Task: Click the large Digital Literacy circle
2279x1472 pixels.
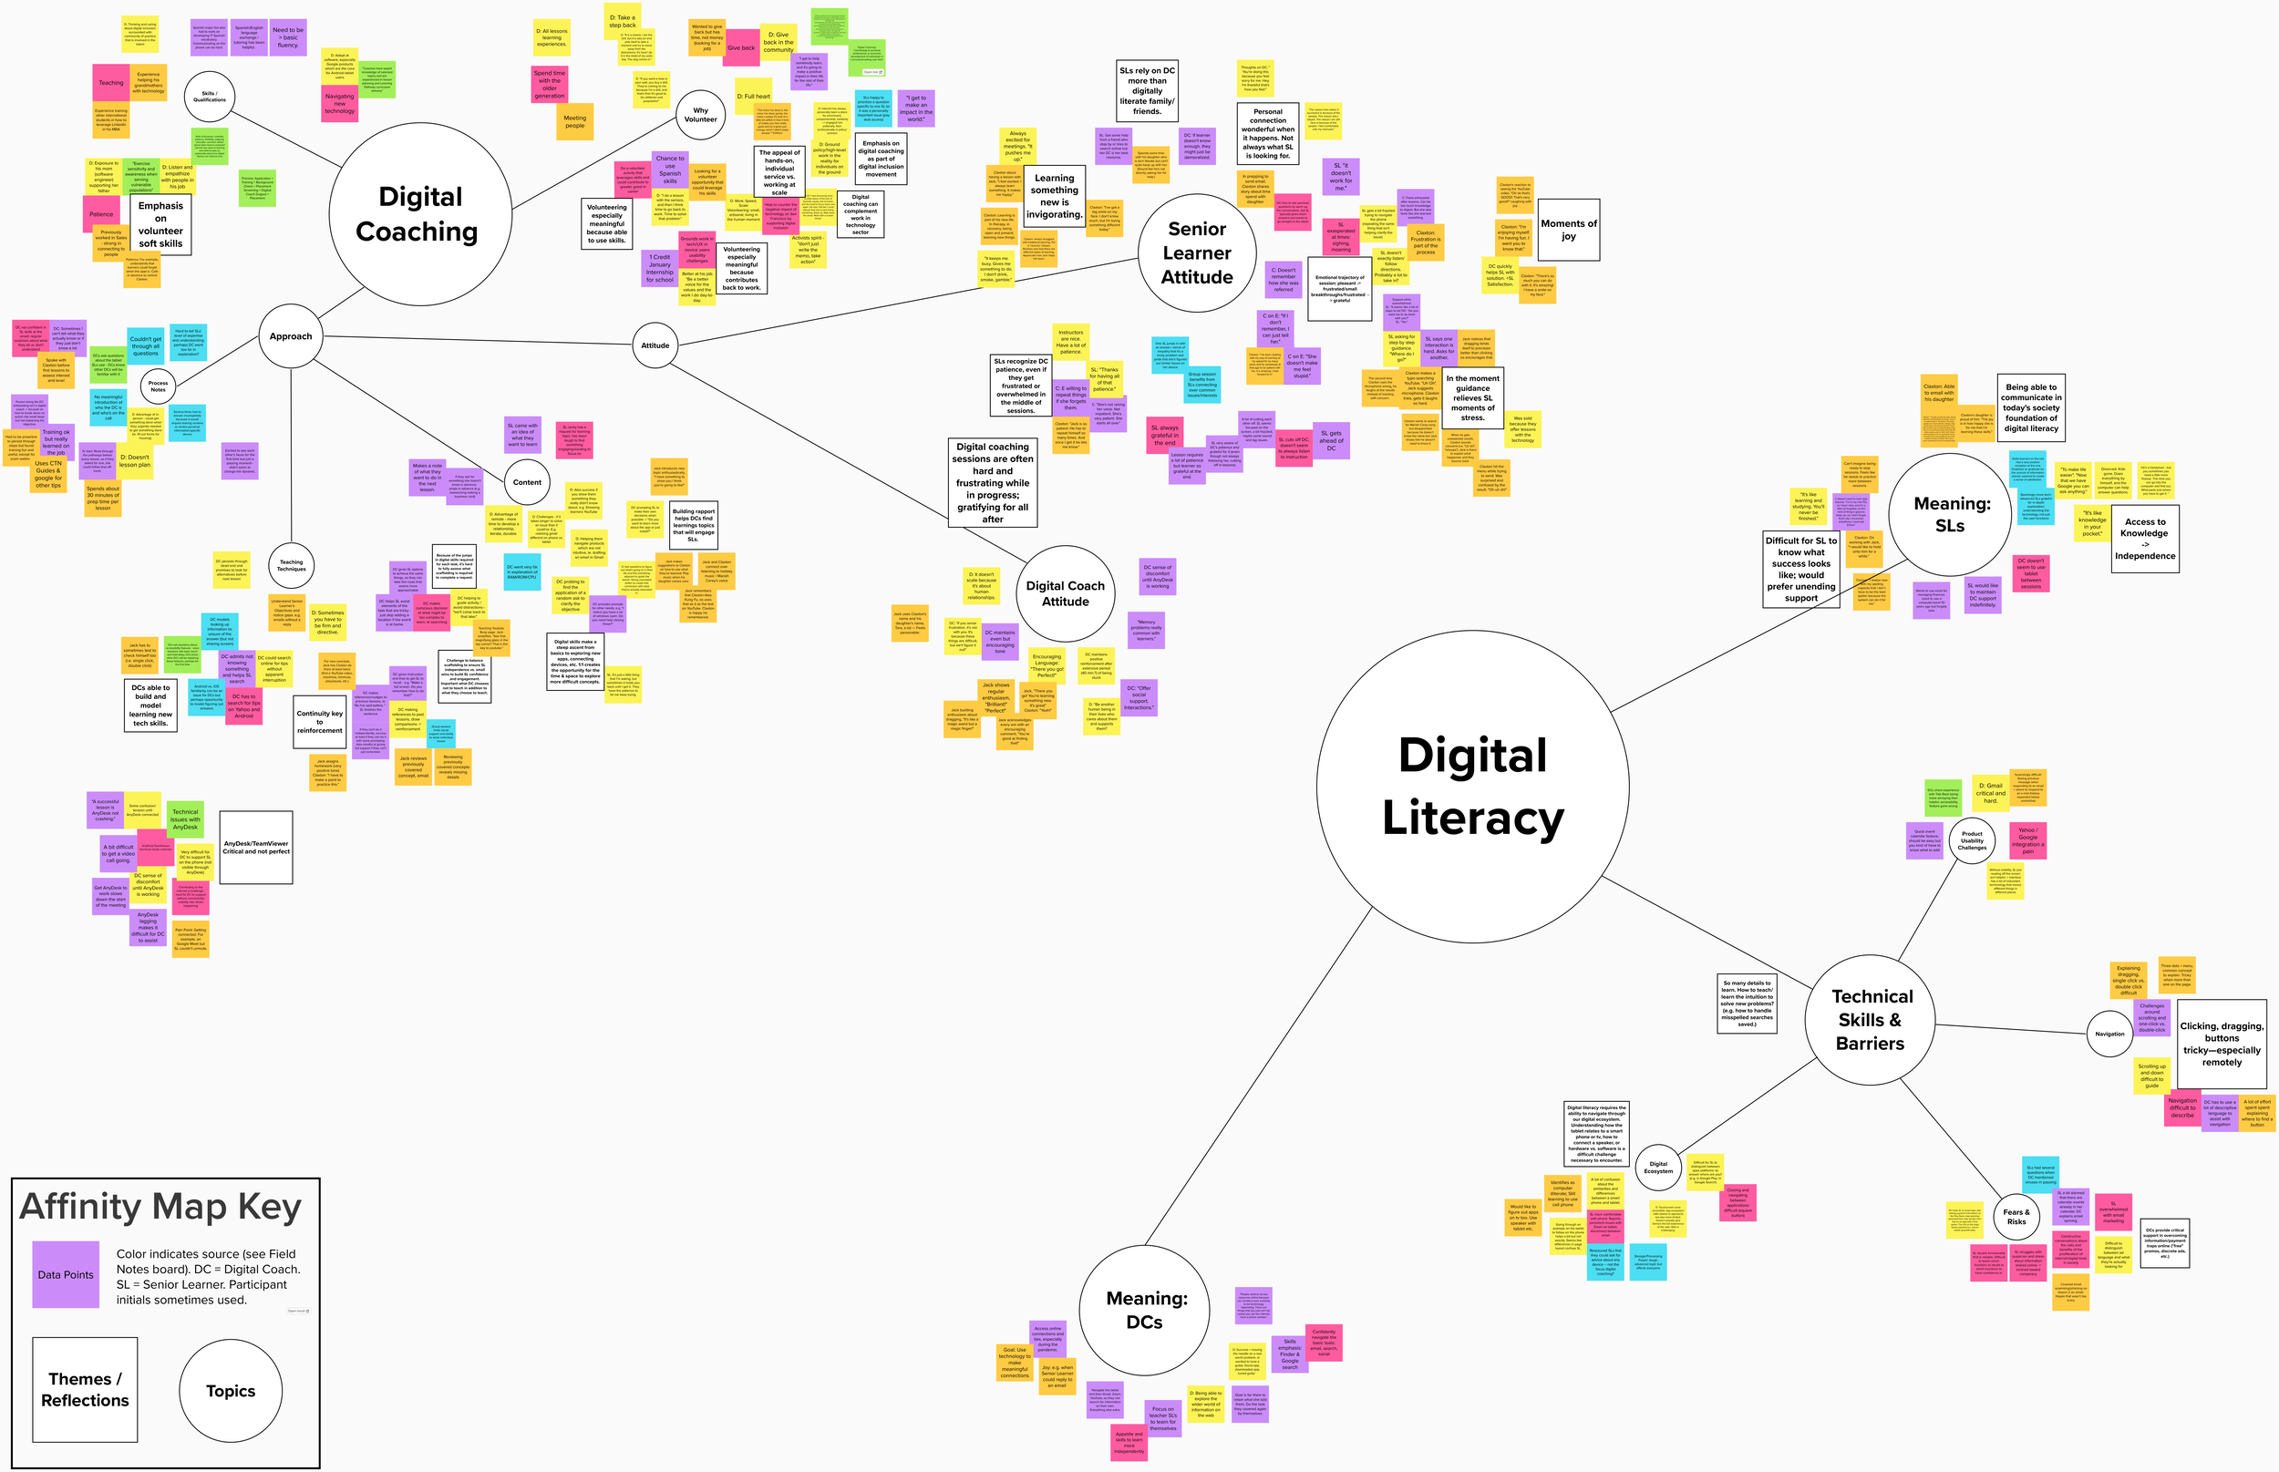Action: click(1472, 786)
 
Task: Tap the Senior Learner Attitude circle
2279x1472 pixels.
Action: click(1197, 252)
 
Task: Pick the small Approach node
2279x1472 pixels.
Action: click(291, 336)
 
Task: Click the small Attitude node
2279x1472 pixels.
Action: click(655, 345)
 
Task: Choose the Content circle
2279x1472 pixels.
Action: click(527, 482)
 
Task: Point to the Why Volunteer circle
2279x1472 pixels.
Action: click(701, 116)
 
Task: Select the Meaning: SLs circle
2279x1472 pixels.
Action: click(1949, 514)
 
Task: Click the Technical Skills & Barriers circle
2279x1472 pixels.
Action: click(1870, 1020)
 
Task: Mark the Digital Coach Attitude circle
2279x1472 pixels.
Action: click(1065, 593)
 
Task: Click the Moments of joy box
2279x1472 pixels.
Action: click(1569, 230)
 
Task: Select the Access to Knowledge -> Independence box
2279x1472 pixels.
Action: click(2144, 539)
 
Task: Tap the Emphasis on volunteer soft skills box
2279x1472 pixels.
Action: click(160, 224)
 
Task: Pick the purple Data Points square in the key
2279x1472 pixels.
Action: click(66, 1274)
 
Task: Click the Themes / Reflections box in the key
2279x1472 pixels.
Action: click(85, 1390)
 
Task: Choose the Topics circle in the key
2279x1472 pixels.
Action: click(231, 1391)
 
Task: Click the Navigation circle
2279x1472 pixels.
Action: click(2109, 1034)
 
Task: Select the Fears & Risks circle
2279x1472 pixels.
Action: click(2016, 1217)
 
